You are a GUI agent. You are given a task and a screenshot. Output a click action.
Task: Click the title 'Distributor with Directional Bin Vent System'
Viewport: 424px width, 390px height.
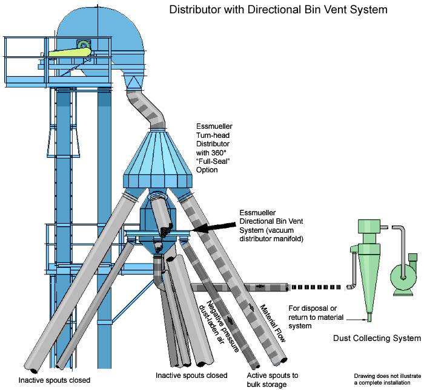point(278,10)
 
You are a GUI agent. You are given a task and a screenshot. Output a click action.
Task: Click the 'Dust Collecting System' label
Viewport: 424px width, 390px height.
point(377,338)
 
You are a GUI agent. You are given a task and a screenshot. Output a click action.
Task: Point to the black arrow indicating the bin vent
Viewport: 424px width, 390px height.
point(208,227)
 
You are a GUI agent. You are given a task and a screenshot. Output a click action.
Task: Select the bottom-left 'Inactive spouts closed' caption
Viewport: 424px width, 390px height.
point(55,380)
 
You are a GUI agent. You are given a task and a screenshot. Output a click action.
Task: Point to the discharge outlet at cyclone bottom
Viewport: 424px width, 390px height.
point(368,316)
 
